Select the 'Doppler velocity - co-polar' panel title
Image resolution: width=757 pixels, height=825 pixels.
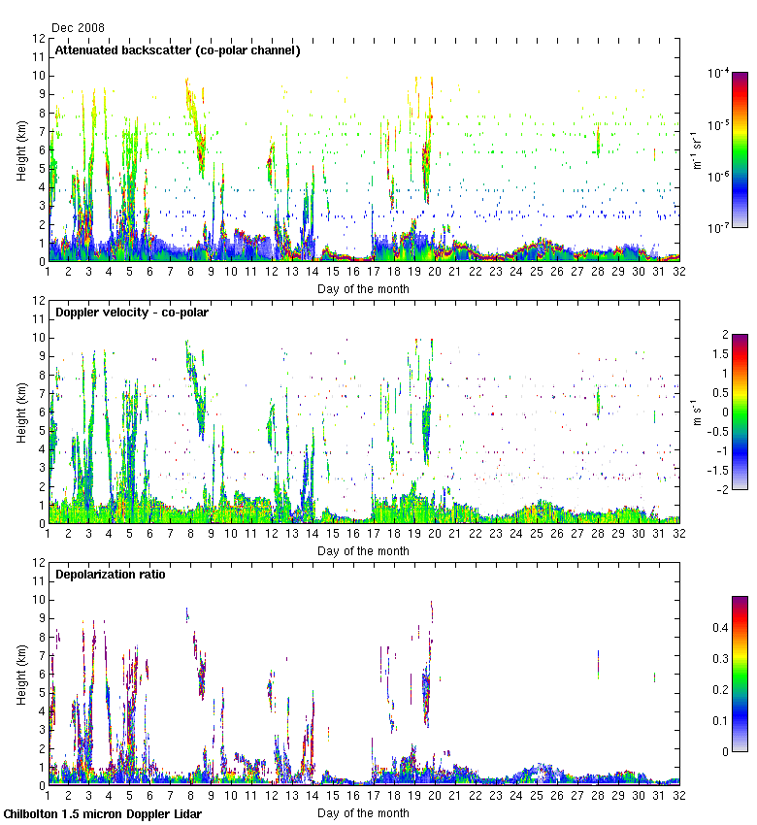click(x=131, y=312)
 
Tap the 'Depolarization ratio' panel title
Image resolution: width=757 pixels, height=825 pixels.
click(x=110, y=574)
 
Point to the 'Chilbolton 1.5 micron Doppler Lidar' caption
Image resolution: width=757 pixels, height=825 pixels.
click(x=102, y=813)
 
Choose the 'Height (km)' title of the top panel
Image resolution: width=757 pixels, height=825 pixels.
click(x=22, y=150)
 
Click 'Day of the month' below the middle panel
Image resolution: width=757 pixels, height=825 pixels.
click(x=363, y=551)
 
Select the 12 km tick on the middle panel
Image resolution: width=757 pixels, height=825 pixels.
click(x=38, y=301)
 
